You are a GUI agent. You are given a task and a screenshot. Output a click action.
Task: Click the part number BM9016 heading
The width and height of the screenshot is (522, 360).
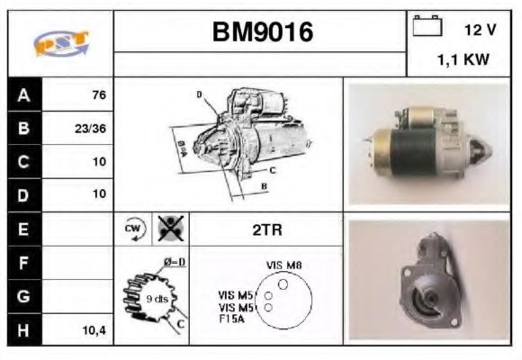click(x=262, y=32)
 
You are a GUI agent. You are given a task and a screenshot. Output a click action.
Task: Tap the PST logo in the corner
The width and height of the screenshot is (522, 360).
click(x=60, y=43)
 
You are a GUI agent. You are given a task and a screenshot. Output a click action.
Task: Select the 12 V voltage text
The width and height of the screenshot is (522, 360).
click(x=480, y=30)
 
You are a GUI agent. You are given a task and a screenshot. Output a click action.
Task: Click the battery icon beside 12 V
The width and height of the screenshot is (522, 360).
click(x=426, y=27)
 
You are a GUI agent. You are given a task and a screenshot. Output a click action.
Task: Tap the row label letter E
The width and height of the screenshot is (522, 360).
click(x=24, y=229)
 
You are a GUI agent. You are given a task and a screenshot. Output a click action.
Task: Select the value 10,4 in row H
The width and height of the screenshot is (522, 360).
click(x=94, y=330)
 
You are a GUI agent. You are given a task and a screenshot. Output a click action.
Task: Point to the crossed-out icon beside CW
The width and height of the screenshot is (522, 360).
click(x=167, y=229)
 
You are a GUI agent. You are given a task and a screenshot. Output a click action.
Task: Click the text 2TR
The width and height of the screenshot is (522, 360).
click(x=266, y=230)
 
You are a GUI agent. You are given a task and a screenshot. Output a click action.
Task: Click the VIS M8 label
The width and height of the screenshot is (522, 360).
click(x=283, y=265)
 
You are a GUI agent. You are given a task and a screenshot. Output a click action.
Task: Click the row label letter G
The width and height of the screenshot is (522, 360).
click(x=24, y=296)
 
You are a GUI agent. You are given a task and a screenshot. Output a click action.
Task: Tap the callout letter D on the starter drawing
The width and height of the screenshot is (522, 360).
click(x=199, y=94)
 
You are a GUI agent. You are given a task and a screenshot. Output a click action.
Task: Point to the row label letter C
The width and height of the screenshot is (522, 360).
click(x=24, y=162)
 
